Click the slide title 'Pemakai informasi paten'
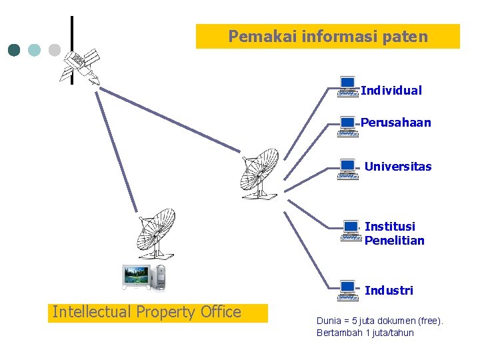coord(328,37)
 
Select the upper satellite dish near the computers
coord(260,173)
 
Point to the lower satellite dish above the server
coord(155,233)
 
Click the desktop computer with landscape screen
coord(143,277)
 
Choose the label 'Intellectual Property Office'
coord(147,312)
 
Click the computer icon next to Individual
coord(347,87)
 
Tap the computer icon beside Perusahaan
coord(347,126)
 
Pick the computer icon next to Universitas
coord(347,169)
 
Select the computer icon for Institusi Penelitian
coord(350,231)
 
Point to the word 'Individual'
coord(391,91)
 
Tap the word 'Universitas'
coord(398,167)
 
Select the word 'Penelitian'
coord(395,241)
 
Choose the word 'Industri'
coord(389,291)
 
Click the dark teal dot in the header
coord(14,50)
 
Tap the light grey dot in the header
coord(55,50)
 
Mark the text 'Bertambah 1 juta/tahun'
coord(365,333)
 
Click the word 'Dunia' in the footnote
coord(329,321)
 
